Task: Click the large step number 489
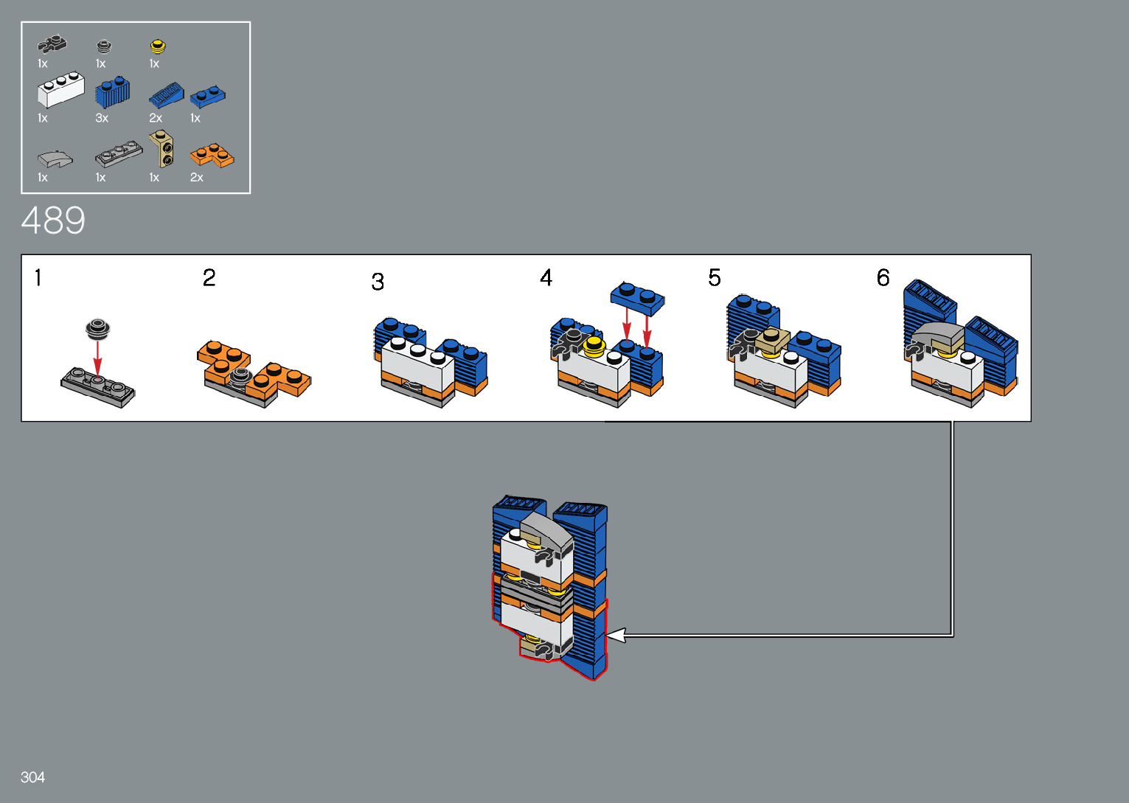click(53, 220)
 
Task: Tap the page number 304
click(32, 776)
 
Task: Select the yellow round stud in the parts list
click(158, 46)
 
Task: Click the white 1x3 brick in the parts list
click(61, 90)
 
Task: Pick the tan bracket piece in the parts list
click(161, 149)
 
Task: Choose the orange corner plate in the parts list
click(212, 156)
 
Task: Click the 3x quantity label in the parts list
click(102, 118)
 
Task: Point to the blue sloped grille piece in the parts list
click(167, 95)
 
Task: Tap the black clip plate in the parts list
click(52, 45)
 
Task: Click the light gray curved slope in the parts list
click(55, 159)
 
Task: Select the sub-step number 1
click(38, 278)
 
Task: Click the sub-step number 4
click(546, 278)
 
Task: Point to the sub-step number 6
click(883, 278)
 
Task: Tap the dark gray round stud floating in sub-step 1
click(98, 329)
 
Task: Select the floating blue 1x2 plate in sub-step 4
click(638, 299)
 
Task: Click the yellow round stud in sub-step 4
click(594, 347)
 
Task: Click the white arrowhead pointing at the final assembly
click(616, 635)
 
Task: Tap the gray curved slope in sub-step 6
click(938, 335)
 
